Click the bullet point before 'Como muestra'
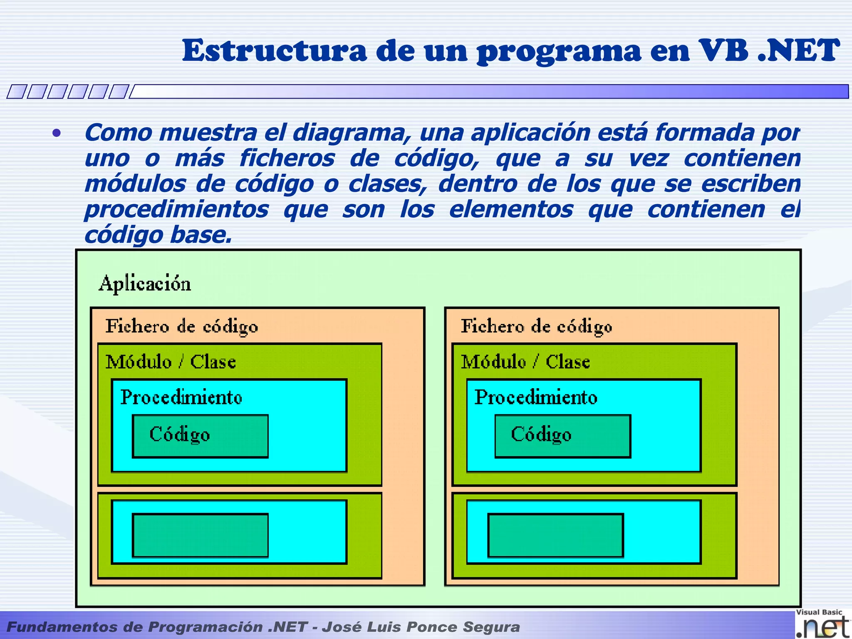point(57,134)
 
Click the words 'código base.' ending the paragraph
point(158,235)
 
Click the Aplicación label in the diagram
point(145,284)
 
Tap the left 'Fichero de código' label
point(181,326)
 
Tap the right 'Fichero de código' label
point(536,326)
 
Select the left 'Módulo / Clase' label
point(171,362)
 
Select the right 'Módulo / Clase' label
point(525,362)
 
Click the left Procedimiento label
point(181,397)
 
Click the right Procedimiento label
point(536,397)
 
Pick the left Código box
point(200,436)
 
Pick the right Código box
point(562,436)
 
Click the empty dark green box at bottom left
point(200,535)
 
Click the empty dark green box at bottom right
point(555,535)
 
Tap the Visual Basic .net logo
point(822,624)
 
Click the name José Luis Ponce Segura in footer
point(421,627)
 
